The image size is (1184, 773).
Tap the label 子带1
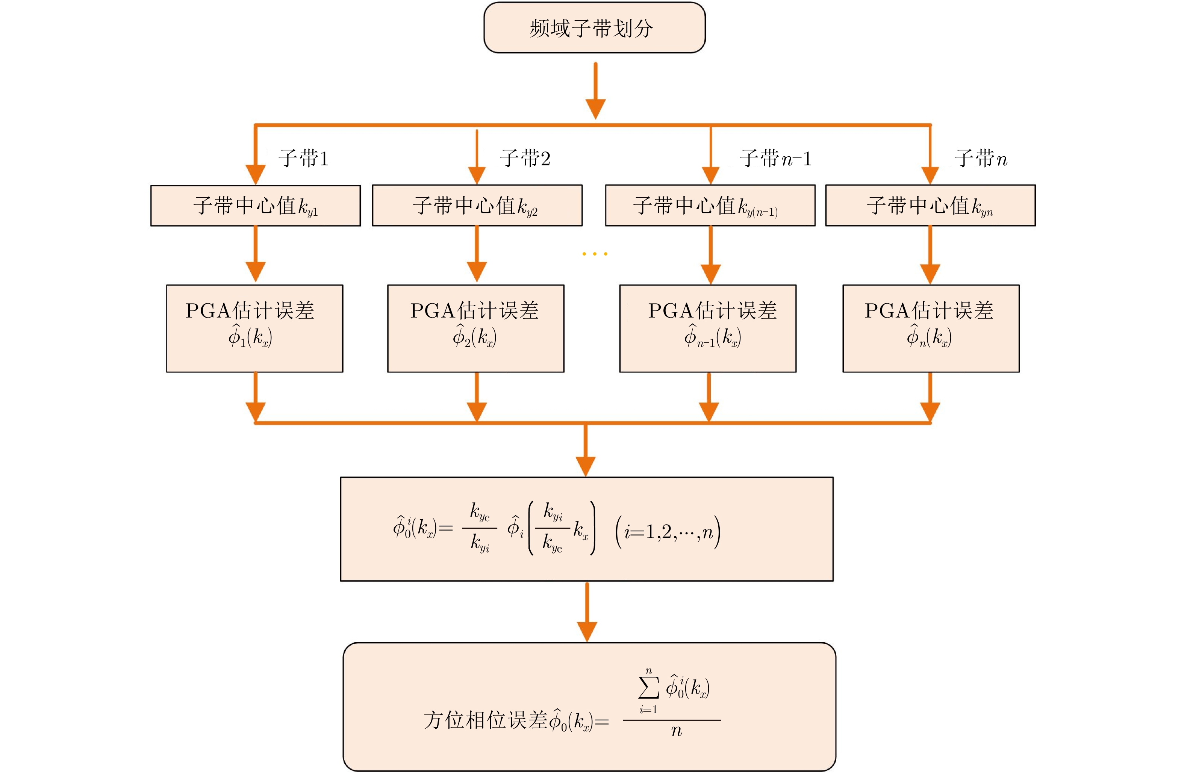(x=303, y=159)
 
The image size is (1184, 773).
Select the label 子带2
(x=525, y=159)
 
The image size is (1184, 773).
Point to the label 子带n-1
(x=775, y=159)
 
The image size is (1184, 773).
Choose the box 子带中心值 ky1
(x=255, y=206)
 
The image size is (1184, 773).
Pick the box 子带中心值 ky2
(x=477, y=206)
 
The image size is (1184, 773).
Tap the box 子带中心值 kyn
(x=930, y=206)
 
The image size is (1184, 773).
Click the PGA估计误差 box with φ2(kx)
(x=475, y=328)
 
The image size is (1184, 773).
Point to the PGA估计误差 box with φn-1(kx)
(x=707, y=328)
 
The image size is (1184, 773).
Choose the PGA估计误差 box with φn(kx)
(x=930, y=328)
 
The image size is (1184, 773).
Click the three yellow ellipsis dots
(x=595, y=254)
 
